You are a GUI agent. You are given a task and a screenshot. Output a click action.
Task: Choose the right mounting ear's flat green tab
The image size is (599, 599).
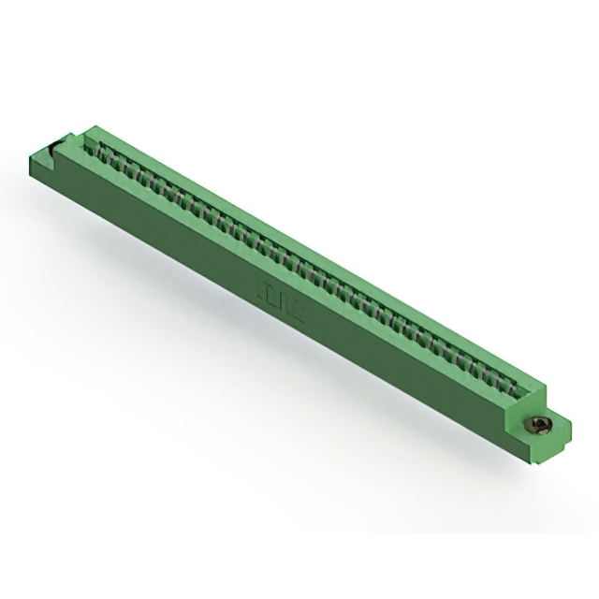pyautogui.click(x=552, y=432)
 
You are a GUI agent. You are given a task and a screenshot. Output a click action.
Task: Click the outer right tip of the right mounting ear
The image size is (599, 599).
pyautogui.click(x=570, y=431)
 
